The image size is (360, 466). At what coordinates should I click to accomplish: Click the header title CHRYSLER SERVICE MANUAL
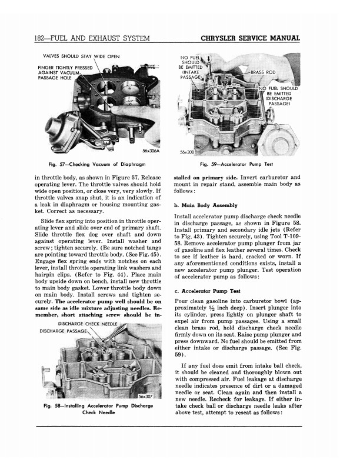point(250,39)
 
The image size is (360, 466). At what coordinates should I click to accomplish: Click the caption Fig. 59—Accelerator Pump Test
point(236,164)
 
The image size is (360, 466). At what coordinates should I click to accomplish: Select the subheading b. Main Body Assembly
point(206,205)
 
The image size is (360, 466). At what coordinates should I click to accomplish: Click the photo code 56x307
point(145,396)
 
